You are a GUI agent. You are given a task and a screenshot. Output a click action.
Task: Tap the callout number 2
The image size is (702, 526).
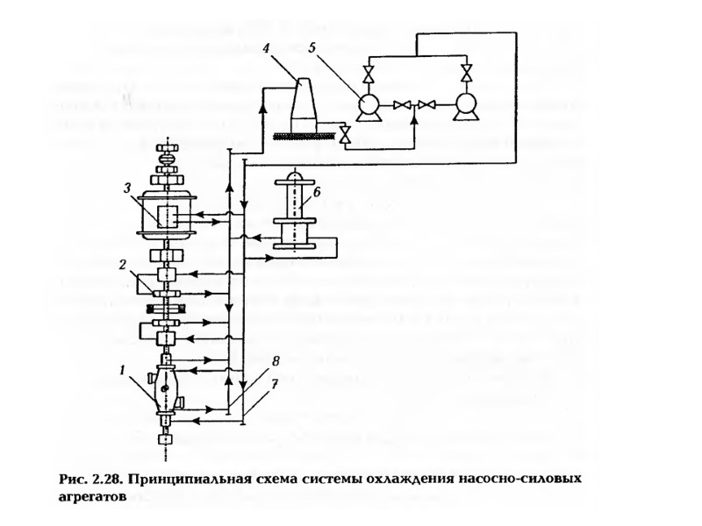[x=125, y=263]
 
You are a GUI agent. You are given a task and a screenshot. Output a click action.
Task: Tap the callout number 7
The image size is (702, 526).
[x=275, y=384]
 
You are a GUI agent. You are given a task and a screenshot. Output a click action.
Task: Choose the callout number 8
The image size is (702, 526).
[x=275, y=359]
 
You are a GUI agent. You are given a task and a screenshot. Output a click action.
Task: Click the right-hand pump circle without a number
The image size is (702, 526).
[x=464, y=105]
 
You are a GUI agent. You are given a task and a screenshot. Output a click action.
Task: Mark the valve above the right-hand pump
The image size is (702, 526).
[x=465, y=71]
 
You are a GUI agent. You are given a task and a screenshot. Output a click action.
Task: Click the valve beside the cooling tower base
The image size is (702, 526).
[x=345, y=134]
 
